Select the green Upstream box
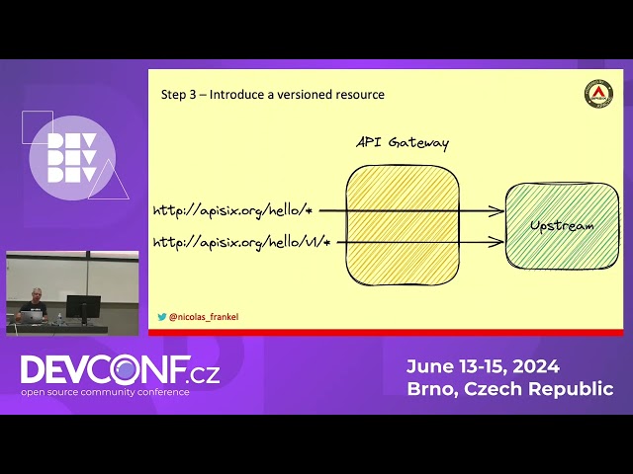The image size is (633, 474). [561, 226]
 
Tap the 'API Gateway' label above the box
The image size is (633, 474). [403, 143]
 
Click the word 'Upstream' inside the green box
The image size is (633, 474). [562, 226]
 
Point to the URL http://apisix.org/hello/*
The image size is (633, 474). [232, 210]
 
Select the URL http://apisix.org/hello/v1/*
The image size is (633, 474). [240, 242]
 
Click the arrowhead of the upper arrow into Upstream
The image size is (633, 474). [500, 210]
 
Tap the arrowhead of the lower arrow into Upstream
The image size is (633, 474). [500, 242]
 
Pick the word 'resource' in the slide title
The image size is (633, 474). [358, 95]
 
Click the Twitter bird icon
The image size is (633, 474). [162, 317]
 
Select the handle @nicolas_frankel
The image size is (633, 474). [204, 317]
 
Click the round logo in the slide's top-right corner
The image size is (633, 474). [597, 94]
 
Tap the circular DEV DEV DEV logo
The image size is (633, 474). [71, 159]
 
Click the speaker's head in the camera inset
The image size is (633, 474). [37, 294]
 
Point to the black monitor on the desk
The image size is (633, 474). [83, 307]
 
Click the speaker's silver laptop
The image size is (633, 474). [31, 317]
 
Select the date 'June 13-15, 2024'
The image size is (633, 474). [483, 365]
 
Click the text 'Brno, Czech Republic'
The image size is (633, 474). [509, 389]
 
